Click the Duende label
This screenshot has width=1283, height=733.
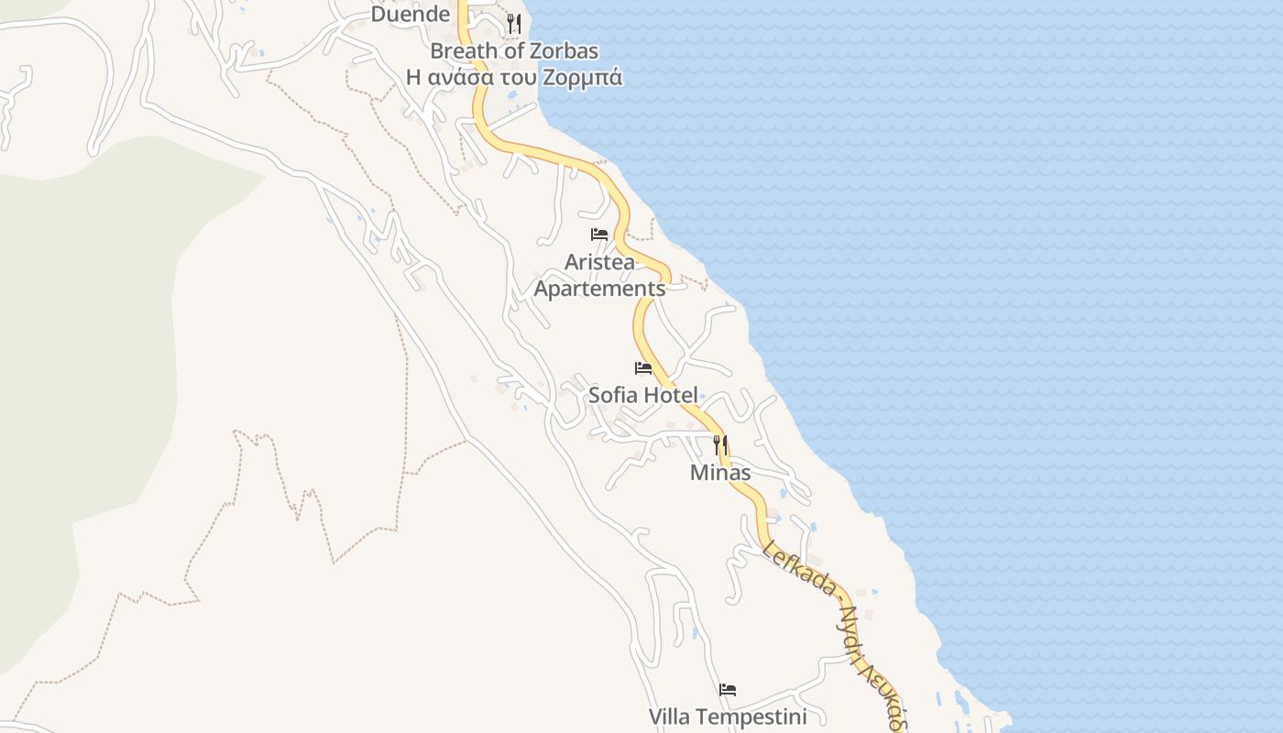coord(411,14)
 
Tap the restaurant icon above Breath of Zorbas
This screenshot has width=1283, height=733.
coord(514,24)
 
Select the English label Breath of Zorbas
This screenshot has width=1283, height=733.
coord(514,50)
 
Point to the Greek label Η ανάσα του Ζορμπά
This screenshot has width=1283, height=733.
coord(514,77)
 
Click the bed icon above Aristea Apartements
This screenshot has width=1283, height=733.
coord(599,235)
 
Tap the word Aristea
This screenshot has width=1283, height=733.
coord(599,262)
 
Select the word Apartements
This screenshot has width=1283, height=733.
coord(599,289)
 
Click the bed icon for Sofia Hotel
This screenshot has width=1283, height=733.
coord(643,368)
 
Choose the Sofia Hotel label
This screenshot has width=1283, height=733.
coord(643,395)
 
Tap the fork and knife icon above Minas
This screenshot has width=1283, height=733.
coord(720,445)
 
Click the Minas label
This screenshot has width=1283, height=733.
coord(720,473)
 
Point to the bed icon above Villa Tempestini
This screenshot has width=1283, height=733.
coord(728,689)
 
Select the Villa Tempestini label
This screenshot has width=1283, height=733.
coord(728,717)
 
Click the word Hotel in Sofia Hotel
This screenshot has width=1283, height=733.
coord(669,395)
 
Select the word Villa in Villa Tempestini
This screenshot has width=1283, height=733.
coord(669,717)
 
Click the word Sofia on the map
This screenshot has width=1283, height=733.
coord(612,395)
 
